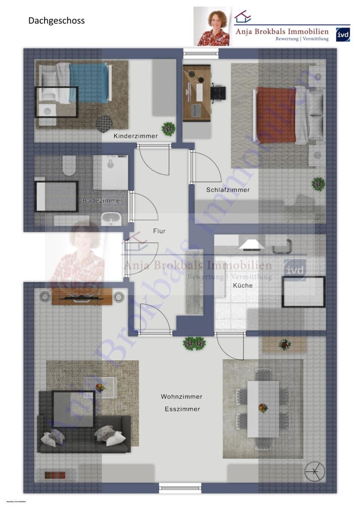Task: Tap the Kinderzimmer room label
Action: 136,136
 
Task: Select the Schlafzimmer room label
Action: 227,190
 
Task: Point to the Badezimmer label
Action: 103,201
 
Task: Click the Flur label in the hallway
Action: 159,231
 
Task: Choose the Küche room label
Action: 243,285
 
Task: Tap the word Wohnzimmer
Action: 181,396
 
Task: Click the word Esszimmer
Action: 182,409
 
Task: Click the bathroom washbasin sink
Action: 111,219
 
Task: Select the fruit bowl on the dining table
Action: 262,408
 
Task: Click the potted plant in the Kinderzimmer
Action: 168,128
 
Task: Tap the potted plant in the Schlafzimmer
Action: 318,183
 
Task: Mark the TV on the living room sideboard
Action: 82,297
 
